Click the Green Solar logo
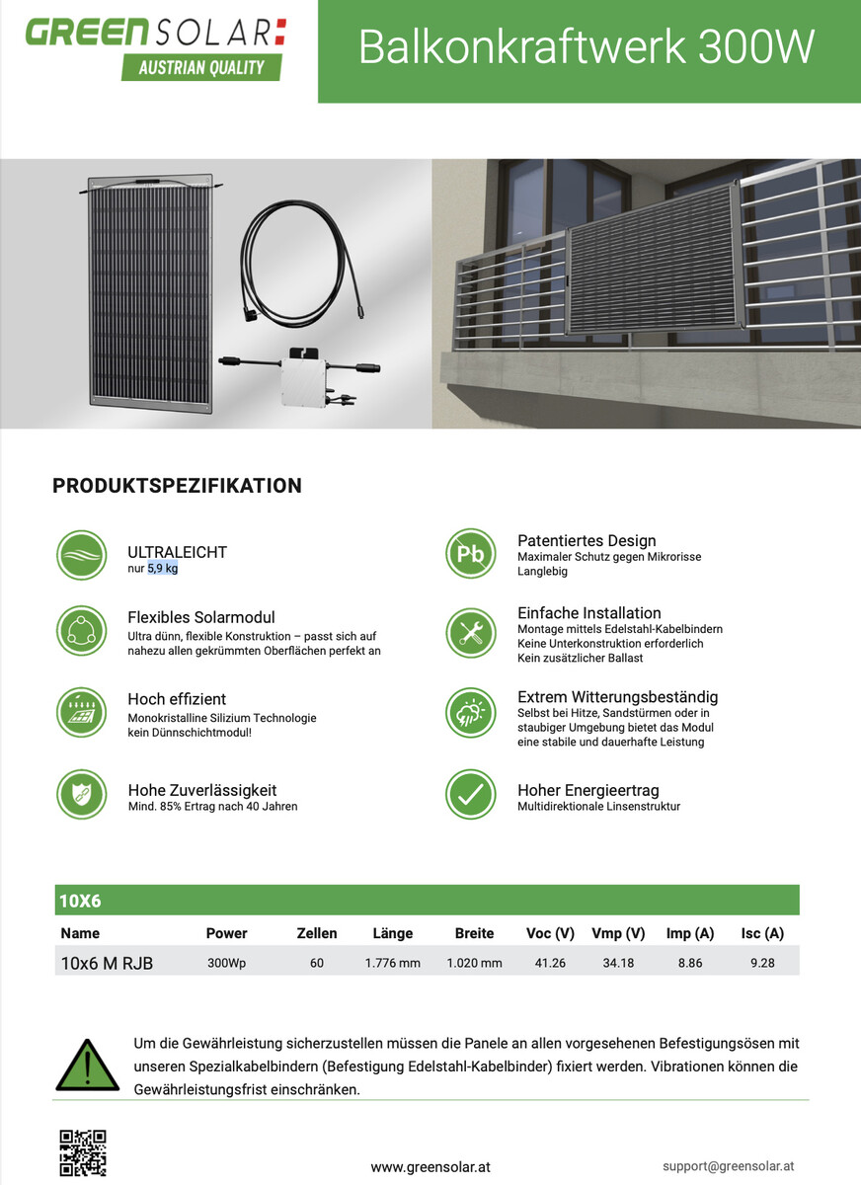pos(156,46)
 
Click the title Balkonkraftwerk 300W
pos(587,47)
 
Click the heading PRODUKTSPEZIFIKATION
pos(177,486)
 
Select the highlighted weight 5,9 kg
pos(163,569)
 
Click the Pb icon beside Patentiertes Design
pos(470,554)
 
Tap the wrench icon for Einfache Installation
pos(470,633)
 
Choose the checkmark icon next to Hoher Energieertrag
pos(470,794)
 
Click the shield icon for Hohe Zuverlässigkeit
pos(81,794)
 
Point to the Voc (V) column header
pos(550,933)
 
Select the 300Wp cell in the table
pos(227,963)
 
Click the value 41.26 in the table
pos(550,963)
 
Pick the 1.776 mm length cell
pos(393,963)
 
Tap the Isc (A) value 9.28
pos(762,963)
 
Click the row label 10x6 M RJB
pos(107,963)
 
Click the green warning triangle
pos(87,1066)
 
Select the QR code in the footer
pos(83,1152)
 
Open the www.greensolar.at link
pos(430,1166)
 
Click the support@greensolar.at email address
pos(729,1165)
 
